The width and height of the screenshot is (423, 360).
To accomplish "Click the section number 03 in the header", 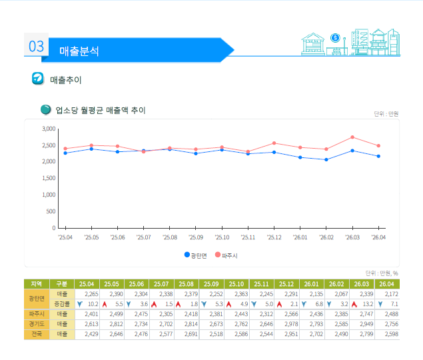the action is [x=36, y=46].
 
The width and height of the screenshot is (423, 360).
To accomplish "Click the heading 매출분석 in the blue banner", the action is [x=79, y=51].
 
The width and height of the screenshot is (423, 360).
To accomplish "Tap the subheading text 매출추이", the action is [x=65, y=80].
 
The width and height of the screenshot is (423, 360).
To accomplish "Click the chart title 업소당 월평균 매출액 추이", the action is [x=101, y=110].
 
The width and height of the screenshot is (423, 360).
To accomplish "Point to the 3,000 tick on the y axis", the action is [x=49, y=129].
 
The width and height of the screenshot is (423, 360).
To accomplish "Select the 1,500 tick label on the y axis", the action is [x=49, y=178].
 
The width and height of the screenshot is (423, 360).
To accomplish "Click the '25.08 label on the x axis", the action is [x=170, y=237].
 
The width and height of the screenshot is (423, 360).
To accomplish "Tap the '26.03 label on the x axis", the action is [x=352, y=237].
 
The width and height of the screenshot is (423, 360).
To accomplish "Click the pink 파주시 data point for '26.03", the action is [x=352, y=137].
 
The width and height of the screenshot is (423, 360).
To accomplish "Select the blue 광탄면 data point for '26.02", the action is [x=326, y=159].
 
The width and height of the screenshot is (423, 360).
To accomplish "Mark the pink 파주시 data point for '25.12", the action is [x=274, y=143].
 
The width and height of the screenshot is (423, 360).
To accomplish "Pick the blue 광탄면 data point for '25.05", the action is [x=91, y=149].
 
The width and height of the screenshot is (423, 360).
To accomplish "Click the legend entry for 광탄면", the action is [x=196, y=255].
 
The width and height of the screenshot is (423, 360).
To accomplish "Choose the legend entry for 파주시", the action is [x=226, y=255].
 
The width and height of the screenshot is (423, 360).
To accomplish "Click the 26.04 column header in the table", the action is [x=386, y=284].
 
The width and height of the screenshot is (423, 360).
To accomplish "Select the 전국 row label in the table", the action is [x=37, y=334].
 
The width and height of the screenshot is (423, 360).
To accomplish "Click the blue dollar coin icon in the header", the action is [x=335, y=38].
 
